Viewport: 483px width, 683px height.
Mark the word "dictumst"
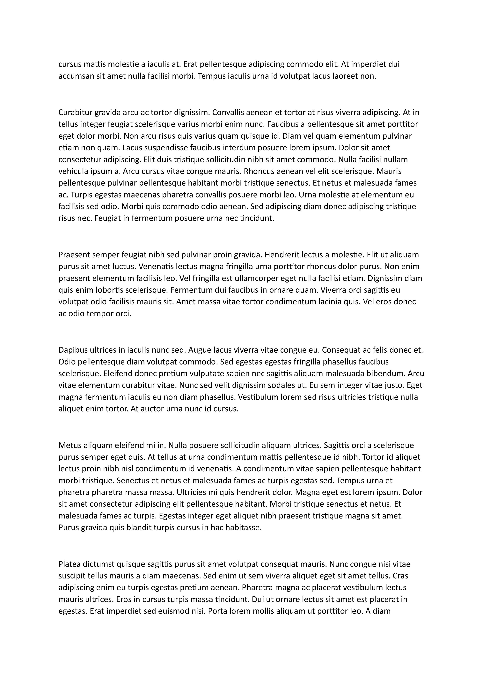pyautogui.click(x=99, y=564)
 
